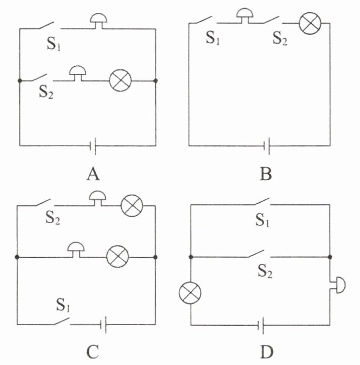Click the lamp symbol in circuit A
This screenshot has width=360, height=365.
[x=121, y=81]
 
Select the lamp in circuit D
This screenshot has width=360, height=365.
[x=190, y=293]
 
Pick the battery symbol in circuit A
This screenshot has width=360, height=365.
[x=93, y=145]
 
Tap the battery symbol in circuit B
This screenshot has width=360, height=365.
[x=266, y=145]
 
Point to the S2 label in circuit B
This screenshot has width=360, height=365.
[x=280, y=39]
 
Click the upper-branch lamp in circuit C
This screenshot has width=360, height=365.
[x=130, y=205]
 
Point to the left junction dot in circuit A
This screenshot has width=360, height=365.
[x=19, y=81]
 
